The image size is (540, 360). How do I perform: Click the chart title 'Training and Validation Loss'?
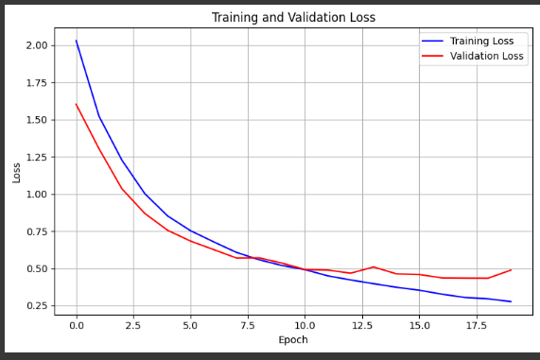click(x=293, y=17)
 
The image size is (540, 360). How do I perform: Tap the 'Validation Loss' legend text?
click(x=486, y=56)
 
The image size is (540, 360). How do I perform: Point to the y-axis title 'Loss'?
click(x=16, y=172)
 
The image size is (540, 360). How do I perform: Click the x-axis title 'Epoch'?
click(x=293, y=339)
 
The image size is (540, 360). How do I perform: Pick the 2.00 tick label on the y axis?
click(x=37, y=45)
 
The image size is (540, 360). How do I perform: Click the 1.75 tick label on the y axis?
click(x=37, y=83)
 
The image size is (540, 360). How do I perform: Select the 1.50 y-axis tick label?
click(x=37, y=120)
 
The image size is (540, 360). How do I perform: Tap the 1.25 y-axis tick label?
click(x=37, y=157)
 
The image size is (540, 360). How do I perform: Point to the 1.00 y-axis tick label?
click(x=37, y=195)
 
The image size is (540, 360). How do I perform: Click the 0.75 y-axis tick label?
click(x=37, y=231)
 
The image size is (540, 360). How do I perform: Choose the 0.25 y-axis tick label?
click(x=37, y=305)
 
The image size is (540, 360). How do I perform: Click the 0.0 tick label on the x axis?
click(x=77, y=324)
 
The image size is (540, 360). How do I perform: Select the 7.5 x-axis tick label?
click(x=248, y=324)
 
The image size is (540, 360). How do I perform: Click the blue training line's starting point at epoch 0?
click(x=77, y=41)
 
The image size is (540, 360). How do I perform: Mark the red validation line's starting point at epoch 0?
click(x=77, y=104)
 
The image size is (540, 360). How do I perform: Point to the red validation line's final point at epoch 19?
click(x=511, y=270)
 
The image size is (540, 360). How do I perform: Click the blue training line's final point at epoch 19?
click(x=511, y=301)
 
